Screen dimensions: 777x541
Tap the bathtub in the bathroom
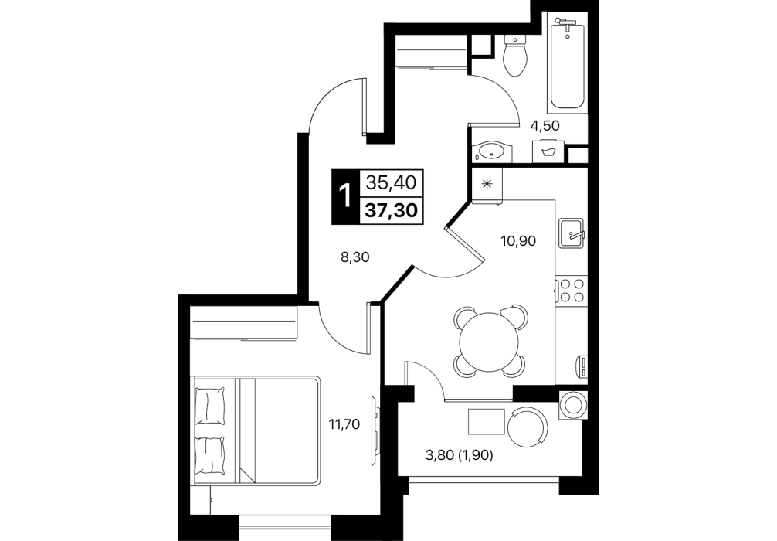pyautogui.click(x=568, y=61)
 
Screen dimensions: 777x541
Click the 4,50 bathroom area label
pyautogui.click(x=545, y=126)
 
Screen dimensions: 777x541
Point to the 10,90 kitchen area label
pyautogui.click(x=517, y=241)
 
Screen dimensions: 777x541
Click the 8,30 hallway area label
pyautogui.click(x=355, y=257)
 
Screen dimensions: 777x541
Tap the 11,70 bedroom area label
pyautogui.click(x=344, y=424)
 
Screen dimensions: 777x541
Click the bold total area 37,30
pyautogui.click(x=391, y=211)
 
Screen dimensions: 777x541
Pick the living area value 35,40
pyautogui.click(x=391, y=183)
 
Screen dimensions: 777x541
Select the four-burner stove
pyautogui.click(x=572, y=290)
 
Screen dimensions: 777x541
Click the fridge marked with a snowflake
pyautogui.click(x=487, y=185)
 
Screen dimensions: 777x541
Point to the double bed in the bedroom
pyautogui.click(x=256, y=430)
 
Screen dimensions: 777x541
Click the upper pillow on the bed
pyautogui.click(x=209, y=406)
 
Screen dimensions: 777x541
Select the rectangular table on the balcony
pyautogui.click(x=487, y=421)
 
